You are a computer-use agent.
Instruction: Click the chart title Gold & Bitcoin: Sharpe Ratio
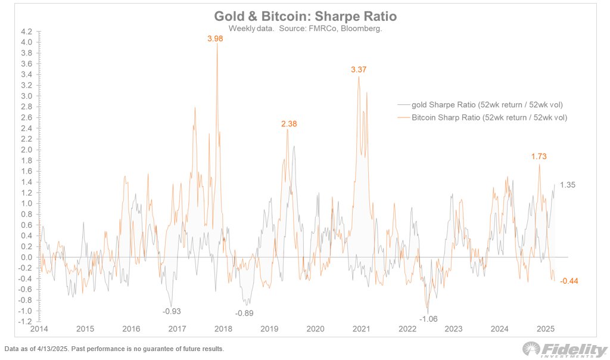click(x=305, y=17)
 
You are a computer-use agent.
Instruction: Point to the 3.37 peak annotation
click(x=359, y=70)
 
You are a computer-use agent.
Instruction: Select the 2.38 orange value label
click(x=289, y=124)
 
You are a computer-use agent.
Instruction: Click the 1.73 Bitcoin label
click(x=539, y=156)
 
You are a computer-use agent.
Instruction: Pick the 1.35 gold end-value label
click(x=567, y=185)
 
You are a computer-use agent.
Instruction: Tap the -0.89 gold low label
click(x=245, y=314)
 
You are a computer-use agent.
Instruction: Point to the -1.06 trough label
click(x=428, y=319)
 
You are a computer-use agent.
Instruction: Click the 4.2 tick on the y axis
click(x=26, y=32)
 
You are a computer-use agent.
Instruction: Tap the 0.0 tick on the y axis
click(x=26, y=257)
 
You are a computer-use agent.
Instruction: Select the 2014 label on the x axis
click(x=39, y=328)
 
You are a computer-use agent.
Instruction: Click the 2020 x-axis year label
click(x=315, y=328)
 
